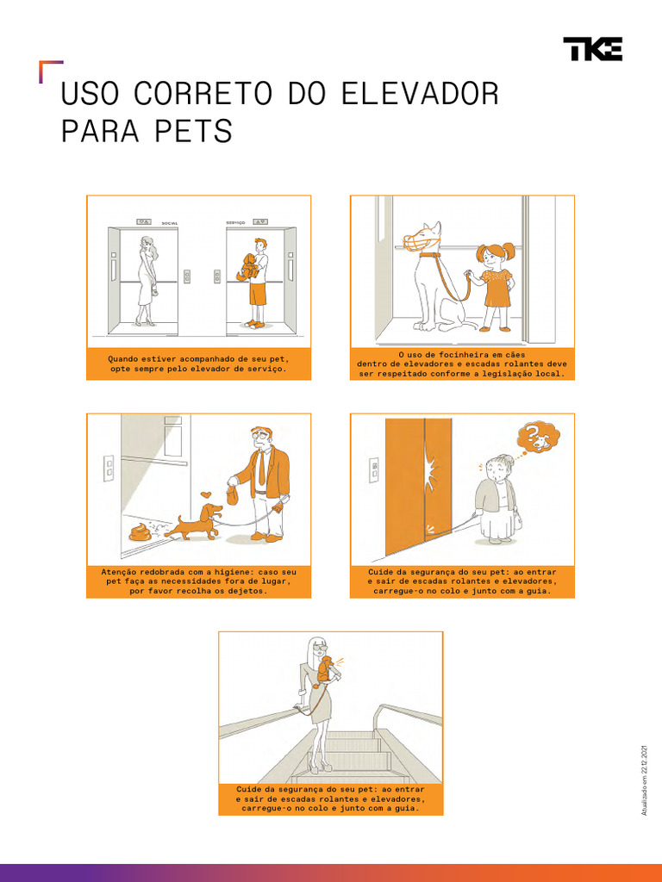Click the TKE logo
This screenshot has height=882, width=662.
592,49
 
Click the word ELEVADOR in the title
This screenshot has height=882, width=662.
420,94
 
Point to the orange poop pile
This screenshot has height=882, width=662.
141,532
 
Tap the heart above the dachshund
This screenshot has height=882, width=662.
206,495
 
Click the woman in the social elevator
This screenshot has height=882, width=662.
147,281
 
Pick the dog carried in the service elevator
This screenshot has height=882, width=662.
247,267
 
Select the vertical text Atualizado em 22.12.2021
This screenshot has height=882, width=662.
643,780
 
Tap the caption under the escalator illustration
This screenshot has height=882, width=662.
330,798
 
